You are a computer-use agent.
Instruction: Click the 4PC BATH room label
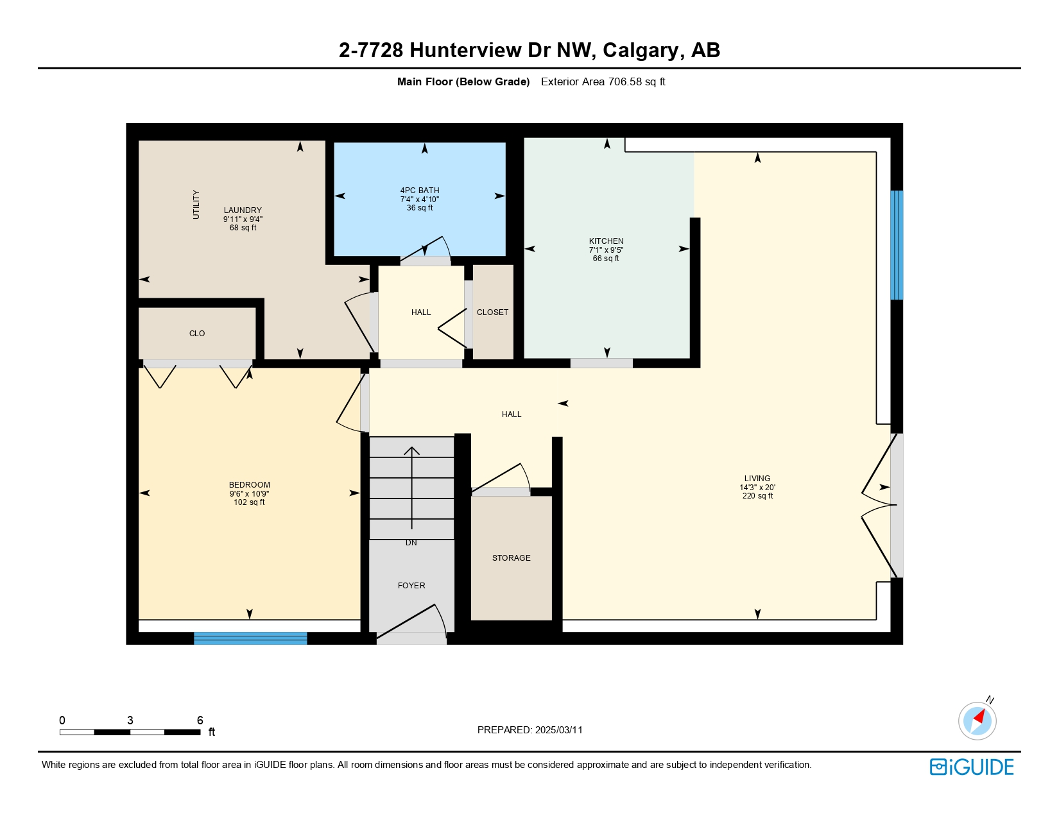(x=420, y=191)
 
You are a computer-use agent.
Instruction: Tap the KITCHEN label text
(x=606, y=241)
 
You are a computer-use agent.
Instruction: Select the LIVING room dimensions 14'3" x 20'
(x=757, y=488)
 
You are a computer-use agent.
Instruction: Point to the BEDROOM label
(x=249, y=485)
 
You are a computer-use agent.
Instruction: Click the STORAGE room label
(x=511, y=558)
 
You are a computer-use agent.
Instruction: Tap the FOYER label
(x=411, y=586)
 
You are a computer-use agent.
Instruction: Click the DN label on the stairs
(x=411, y=543)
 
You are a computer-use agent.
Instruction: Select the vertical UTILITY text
(x=196, y=205)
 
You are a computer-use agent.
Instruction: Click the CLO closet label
(x=197, y=334)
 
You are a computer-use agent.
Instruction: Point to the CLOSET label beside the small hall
(x=492, y=312)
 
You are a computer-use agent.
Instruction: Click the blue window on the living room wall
(x=897, y=245)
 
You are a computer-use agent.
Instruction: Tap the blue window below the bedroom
(x=250, y=638)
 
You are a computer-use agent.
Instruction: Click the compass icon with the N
(x=977, y=720)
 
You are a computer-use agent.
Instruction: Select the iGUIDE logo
(x=972, y=767)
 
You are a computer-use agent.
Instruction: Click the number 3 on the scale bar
(x=130, y=720)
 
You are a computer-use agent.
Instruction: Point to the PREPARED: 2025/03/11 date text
(x=529, y=730)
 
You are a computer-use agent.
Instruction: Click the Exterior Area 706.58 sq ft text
(x=603, y=81)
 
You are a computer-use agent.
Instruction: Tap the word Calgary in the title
(x=641, y=50)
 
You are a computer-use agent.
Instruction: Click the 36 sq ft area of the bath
(x=420, y=208)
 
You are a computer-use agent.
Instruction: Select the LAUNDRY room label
(x=243, y=210)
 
